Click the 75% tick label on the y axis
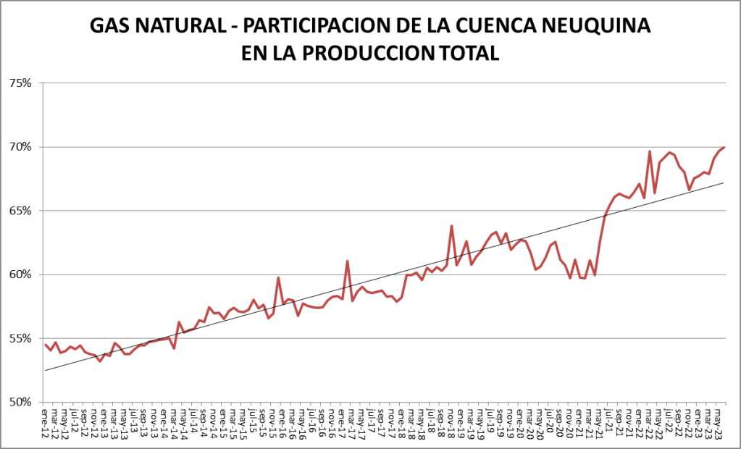pos(20,83)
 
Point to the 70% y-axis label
pos(20,147)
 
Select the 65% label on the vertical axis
pos(20,211)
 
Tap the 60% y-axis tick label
pos(20,274)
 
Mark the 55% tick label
pos(20,338)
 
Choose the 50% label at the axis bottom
pos(20,402)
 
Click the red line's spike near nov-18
pos(451,226)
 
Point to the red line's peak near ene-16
pos(278,277)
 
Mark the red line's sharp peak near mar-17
pos(348,261)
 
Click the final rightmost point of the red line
pos(724,147)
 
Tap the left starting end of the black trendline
pos(45,371)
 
